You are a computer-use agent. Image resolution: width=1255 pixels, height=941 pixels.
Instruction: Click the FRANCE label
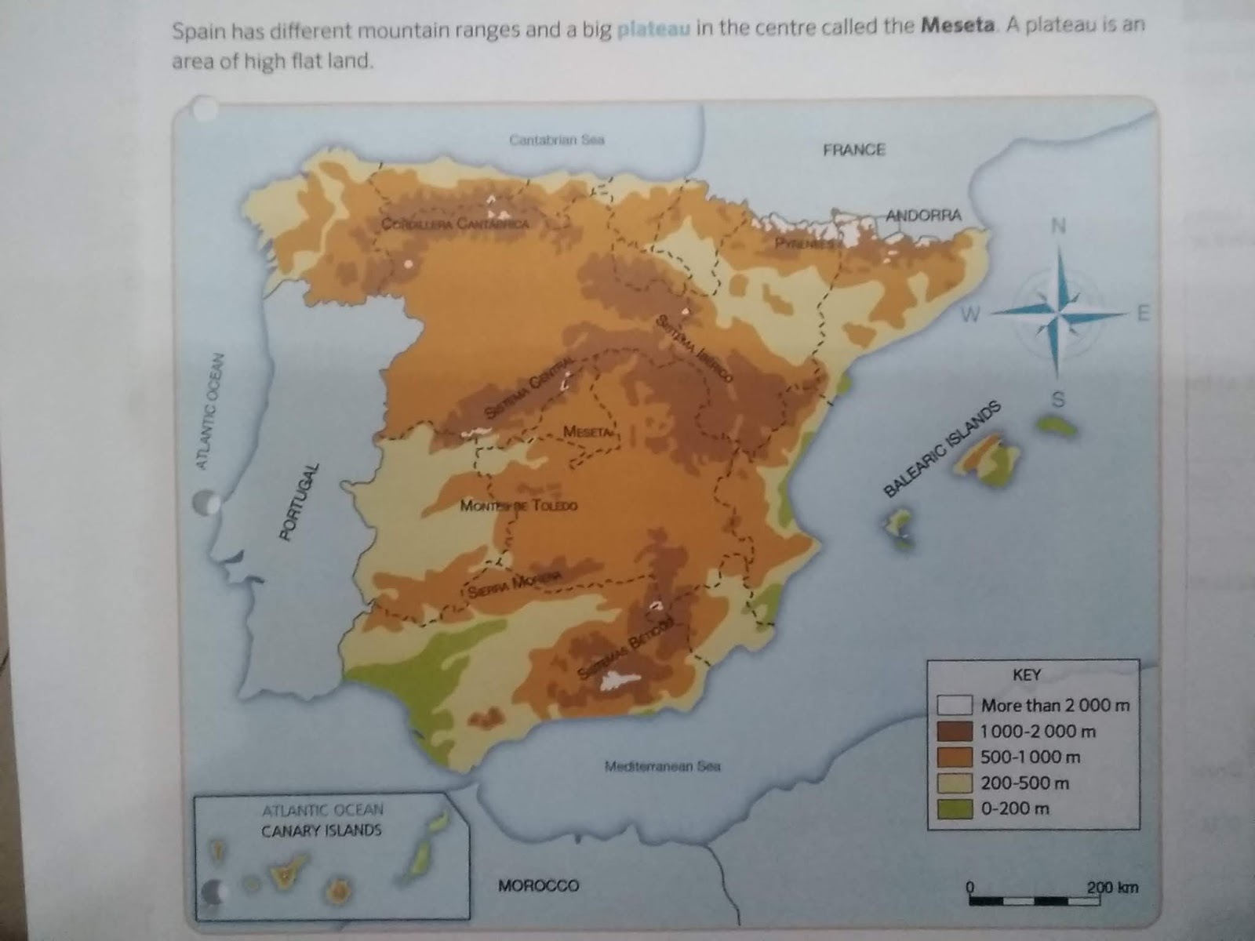[853, 150]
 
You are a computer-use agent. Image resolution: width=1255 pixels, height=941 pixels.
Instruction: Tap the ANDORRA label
[924, 215]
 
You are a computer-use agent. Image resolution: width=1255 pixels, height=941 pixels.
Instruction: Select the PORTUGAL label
[300, 502]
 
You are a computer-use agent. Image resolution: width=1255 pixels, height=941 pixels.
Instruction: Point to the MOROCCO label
[538, 885]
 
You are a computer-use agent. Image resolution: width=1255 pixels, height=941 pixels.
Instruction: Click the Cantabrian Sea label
[556, 140]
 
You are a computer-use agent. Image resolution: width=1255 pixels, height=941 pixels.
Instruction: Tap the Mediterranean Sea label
[662, 766]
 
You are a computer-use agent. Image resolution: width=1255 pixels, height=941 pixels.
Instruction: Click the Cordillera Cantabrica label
[455, 223]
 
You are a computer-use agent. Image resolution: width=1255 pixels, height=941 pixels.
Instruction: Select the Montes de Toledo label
[518, 506]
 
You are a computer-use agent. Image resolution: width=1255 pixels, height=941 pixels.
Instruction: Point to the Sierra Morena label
[515, 583]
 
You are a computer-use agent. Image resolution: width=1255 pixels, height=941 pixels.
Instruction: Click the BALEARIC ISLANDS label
[942, 449]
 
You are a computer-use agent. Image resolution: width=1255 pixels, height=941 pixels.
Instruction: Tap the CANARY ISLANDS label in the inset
[322, 830]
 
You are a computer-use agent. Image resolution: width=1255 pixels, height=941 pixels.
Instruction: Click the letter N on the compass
[1058, 226]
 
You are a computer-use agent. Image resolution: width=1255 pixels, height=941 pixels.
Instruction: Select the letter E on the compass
[1142, 314]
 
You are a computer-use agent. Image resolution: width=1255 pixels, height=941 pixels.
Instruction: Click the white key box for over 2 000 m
[954, 705]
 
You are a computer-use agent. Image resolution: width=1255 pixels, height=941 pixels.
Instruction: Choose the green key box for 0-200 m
[954, 808]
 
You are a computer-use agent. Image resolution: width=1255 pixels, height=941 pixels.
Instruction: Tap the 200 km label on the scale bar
[1111, 888]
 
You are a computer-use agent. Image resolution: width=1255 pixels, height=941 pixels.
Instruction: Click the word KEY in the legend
[1027, 675]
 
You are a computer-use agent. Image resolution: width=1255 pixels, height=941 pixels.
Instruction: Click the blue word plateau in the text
[653, 30]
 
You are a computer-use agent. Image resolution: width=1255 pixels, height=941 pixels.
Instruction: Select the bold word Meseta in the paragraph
[958, 26]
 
